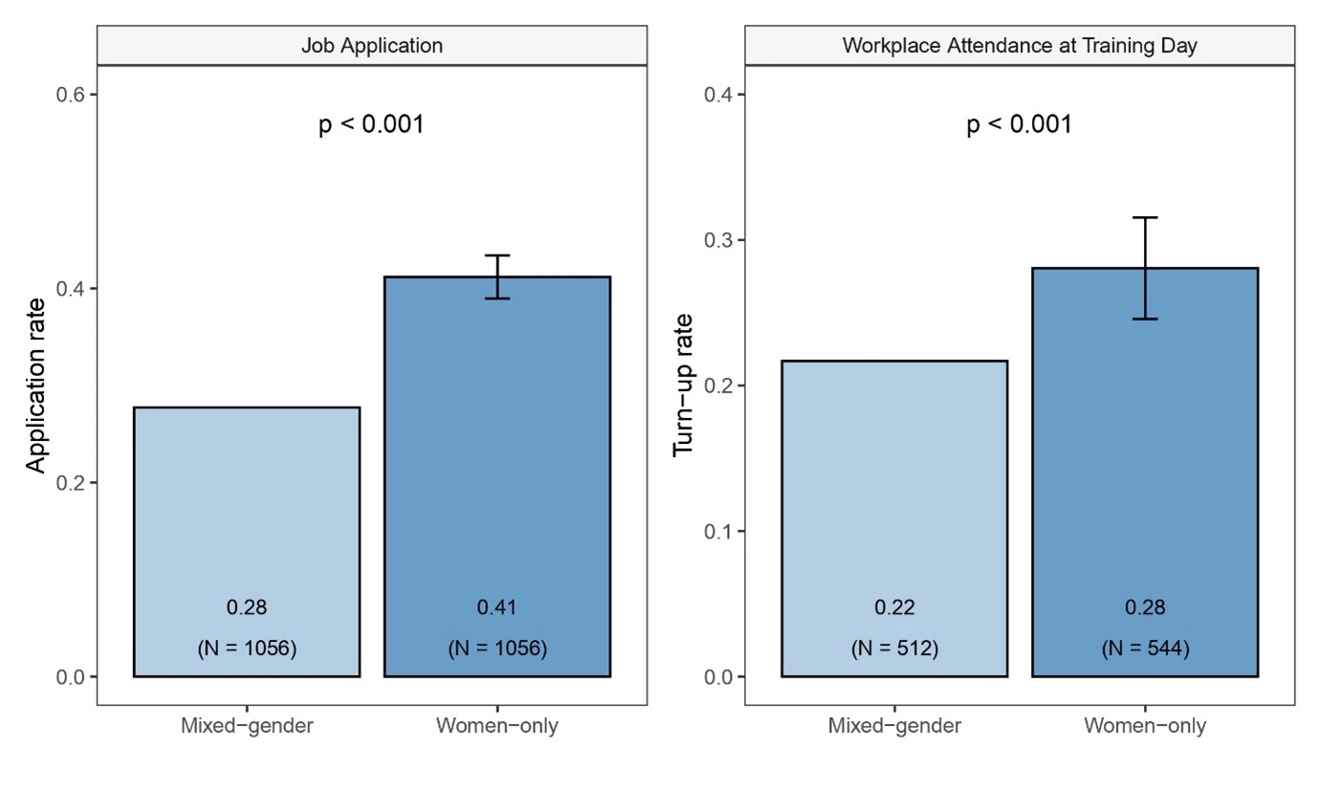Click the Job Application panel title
point(371,45)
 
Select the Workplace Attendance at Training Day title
point(1020,45)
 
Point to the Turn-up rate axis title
point(684,385)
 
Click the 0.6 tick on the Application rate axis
point(71,95)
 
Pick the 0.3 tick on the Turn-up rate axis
point(719,240)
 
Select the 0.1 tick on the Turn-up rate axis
point(719,531)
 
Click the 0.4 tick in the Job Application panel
point(71,289)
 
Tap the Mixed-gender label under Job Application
point(247,726)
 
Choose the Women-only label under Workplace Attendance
point(1145,726)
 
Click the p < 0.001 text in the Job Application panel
point(371,125)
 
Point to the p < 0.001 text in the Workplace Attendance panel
point(1020,125)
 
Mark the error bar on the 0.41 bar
point(496,276)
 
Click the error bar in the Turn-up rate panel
point(1145,268)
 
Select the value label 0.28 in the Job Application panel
point(247,607)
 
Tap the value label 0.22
point(894,607)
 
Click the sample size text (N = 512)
point(894,649)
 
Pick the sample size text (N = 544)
point(1145,649)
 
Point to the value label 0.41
point(496,607)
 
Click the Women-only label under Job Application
point(496,726)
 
